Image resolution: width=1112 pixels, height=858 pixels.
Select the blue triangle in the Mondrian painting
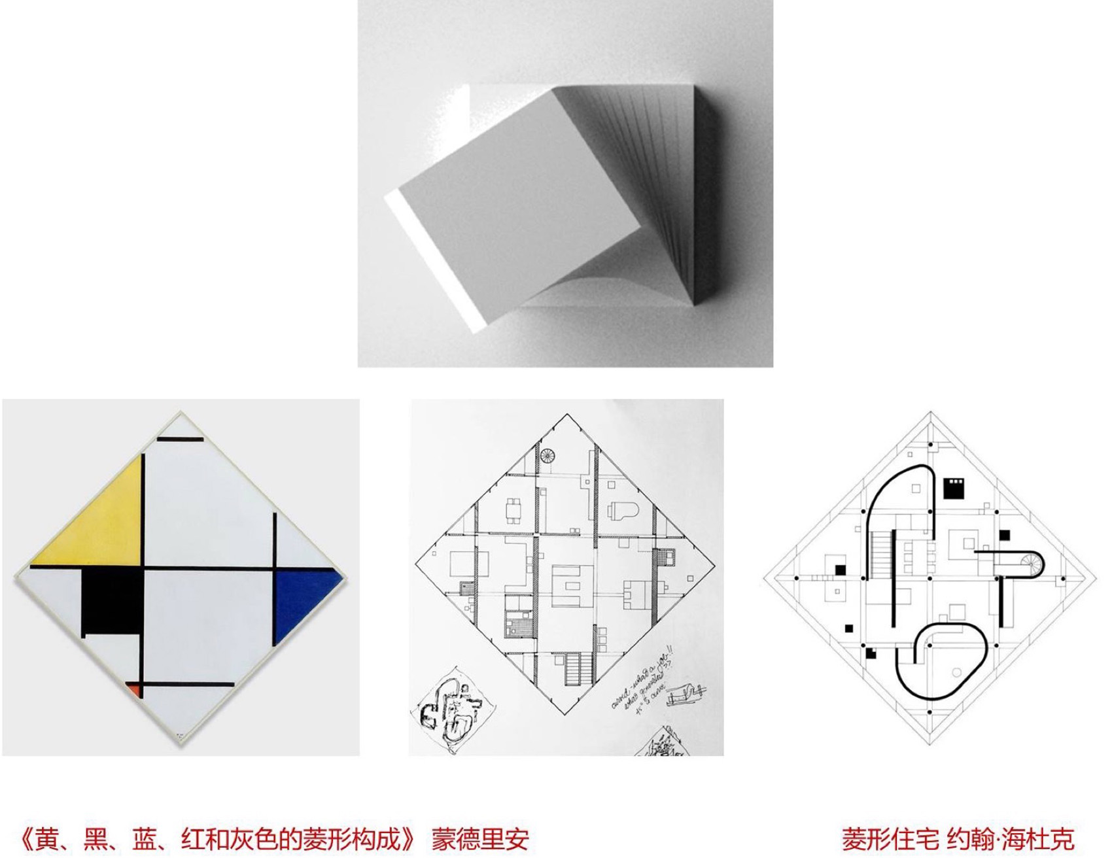click(x=301, y=598)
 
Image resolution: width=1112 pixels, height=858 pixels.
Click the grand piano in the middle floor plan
click(x=618, y=511)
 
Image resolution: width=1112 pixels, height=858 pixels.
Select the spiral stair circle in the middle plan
click(x=547, y=455)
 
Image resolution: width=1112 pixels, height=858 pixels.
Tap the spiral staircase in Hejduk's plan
click(x=1030, y=564)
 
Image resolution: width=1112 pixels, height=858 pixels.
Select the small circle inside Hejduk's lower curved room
click(x=956, y=672)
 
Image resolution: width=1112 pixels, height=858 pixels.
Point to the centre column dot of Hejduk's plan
click(x=930, y=579)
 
